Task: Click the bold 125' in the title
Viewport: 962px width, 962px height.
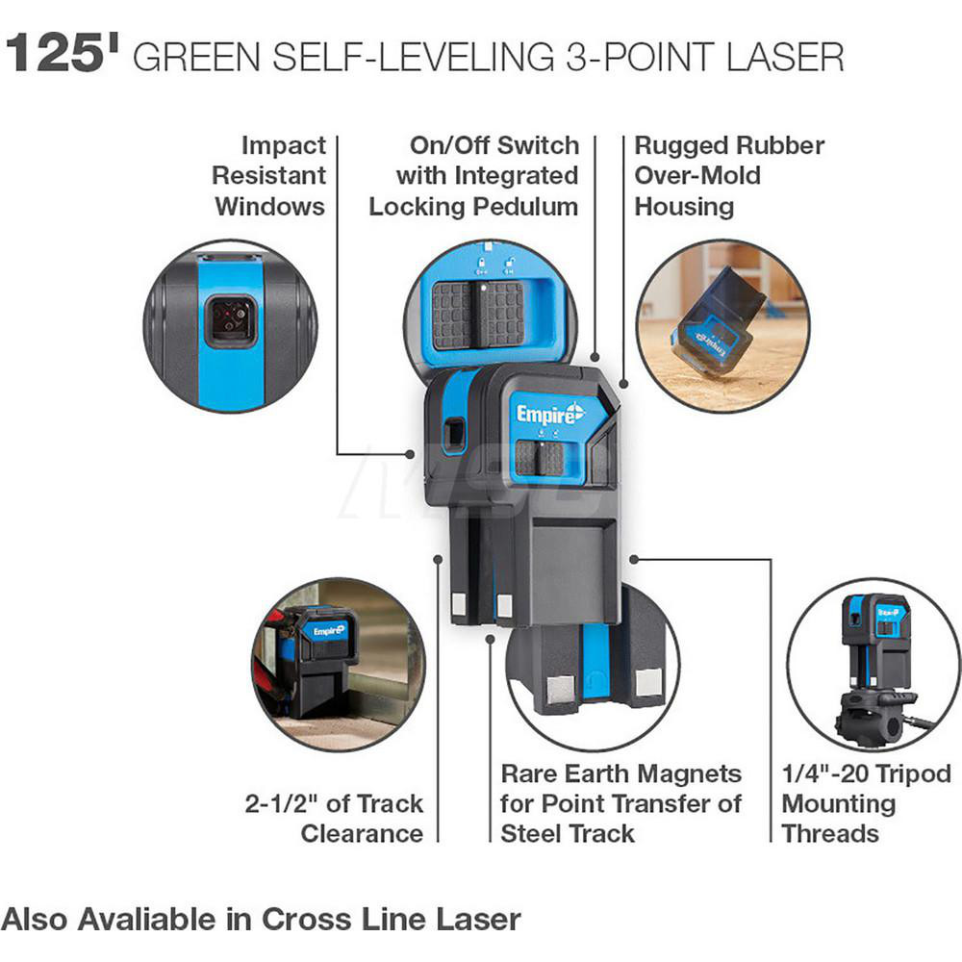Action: click(62, 53)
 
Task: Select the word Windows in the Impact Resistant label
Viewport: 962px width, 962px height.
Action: click(270, 206)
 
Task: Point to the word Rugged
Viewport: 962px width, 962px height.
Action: click(681, 145)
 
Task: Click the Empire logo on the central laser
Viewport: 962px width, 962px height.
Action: click(549, 414)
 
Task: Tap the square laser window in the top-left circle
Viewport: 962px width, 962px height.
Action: click(230, 322)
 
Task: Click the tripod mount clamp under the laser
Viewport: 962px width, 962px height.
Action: click(875, 715)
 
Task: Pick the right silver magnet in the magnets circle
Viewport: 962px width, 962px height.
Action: click(649, 682)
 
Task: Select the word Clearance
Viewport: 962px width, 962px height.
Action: click(362, 834)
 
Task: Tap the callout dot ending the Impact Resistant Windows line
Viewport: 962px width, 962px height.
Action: click(410, 454)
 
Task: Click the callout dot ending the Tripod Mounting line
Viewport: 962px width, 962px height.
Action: click(634, 559)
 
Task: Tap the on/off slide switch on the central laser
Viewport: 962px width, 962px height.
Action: click(540, 458)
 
